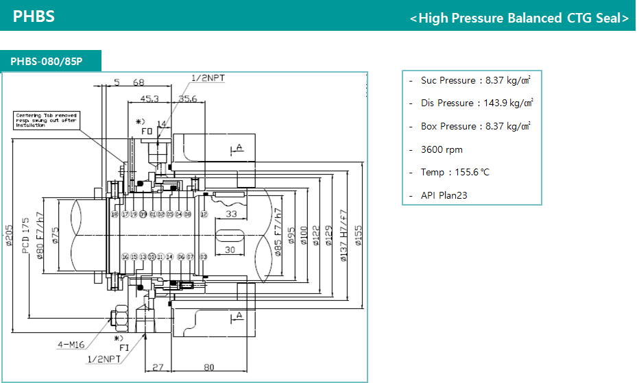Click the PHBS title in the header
pyautogui.click(x=34, y=16)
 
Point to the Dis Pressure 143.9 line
pyautogui.click(x=477, y=103)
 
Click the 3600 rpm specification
pyautogui.click(x=442, y=149)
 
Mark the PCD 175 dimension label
pyautogui.click(x=26, y=236)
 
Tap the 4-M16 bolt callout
pyautogui.click(x=73, y=345)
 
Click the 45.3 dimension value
pyautogui.click(x=149, y=99)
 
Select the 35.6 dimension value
pyautogui.click(x=187, y=99)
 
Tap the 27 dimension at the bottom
pyautogui.click(x=158, y=367)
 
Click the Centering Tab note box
pyautogui.click(x=48, y=121)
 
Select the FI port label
pyautogui.click(x=124, y=347)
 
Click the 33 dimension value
pyautogui.click(x=231, y=214)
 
